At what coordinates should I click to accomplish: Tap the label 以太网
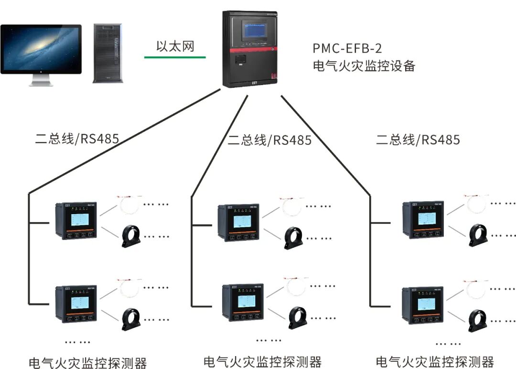(175, 46)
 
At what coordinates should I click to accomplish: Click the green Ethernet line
(175, 58)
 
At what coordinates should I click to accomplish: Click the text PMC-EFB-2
(347, 48)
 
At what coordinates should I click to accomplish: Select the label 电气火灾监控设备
(364, 66)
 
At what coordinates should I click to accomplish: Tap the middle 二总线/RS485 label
(269, 140)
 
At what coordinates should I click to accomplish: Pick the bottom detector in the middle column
(243, 303)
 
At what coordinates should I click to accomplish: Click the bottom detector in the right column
(423, 305)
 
